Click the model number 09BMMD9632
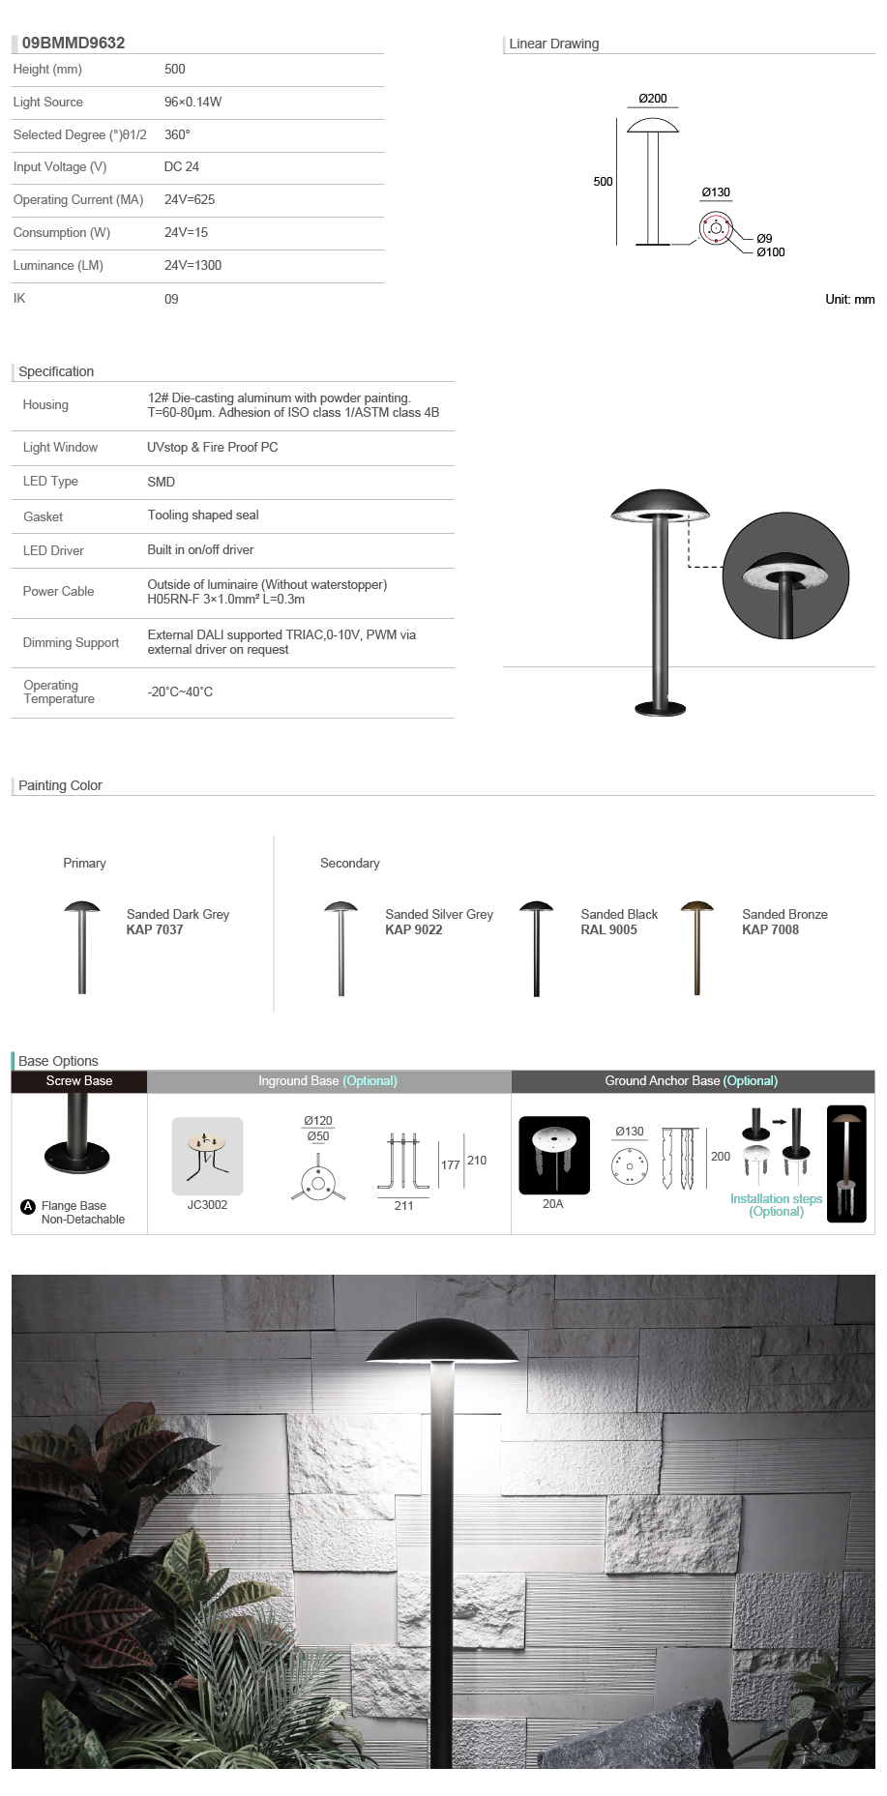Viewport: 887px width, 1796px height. pyautogui.click(x=74, y=43)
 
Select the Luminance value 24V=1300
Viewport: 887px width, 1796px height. pyautogui.click(x=192, y=265)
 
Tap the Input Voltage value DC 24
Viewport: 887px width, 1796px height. pyautogui.click(x=182, y=166)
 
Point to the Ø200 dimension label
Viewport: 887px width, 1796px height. pyautogui.click(x=653, y=99)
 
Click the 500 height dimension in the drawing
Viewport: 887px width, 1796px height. pyautogui.click(x=603, y=182)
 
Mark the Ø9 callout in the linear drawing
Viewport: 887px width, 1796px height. pyautogui.click(x=764, y=238)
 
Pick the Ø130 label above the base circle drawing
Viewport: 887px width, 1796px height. pyautogui.click(x=716, y=192)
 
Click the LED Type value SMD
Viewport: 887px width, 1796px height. pyautogui.click(x=162, y=482)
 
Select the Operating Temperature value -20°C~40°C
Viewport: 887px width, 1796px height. pyautogui.click(x=180, y=692)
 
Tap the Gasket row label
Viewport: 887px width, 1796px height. pyautogui.click(x=44, y=516)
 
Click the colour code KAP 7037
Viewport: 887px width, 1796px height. pyautogui.click(x=155, y=929)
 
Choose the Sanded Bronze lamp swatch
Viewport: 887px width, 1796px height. pyautogui.click(x=696, y=947)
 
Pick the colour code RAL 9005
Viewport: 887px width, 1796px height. pyautogui.click(x=608, y=929)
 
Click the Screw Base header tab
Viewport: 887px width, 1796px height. pyautogui.click(x=79, y=1081)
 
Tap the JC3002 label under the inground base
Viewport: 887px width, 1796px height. pyautogui.click(x=207, y=1205)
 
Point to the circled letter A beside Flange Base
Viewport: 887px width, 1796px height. pyautogui.click(x=28, y=1206)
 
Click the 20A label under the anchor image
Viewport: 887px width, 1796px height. pyautogui.click(x=552, y=1204)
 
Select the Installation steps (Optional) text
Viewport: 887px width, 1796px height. pyautogui.click(x=776, y=1205)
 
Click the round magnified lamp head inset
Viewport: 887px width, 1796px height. pyautogui.click(x=785, y=576)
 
